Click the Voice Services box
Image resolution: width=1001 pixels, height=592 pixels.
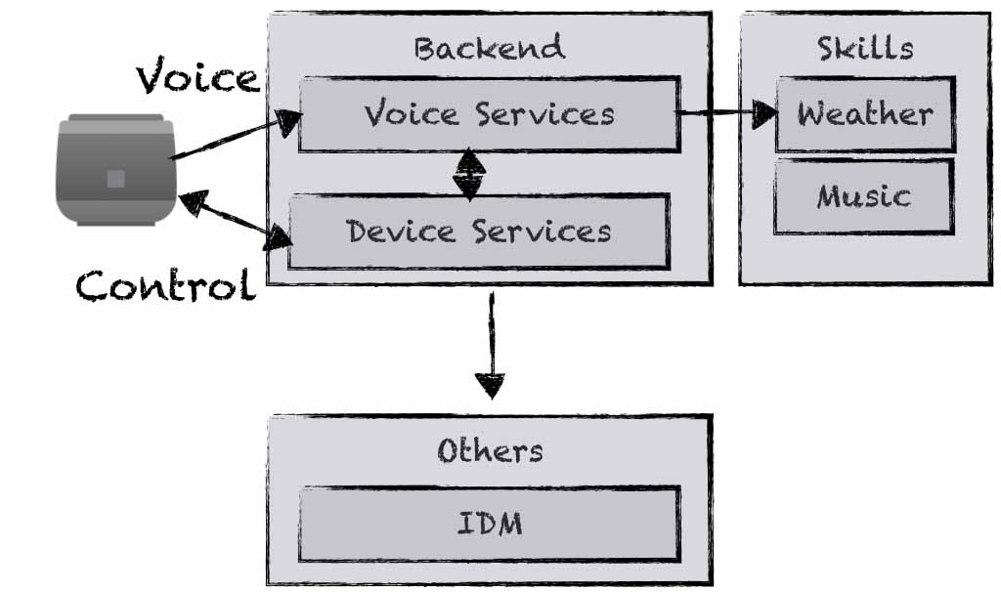[x=489, y=115]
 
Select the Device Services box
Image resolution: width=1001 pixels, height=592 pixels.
[x=479, y=232]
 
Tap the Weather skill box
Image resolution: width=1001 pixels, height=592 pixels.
[x=865, y=114]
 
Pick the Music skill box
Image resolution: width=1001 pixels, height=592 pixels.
[x=863, y=196]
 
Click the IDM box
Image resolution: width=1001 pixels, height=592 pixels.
[x=489, y=525]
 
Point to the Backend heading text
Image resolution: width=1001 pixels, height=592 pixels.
[x=489, y=48]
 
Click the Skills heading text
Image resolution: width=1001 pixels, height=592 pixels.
[x=865, y=48]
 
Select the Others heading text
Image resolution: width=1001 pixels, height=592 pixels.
[x=490, y=450]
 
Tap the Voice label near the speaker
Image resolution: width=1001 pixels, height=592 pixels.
[x=197, y=76]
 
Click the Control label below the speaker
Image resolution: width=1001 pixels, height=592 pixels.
[x=166, y=285]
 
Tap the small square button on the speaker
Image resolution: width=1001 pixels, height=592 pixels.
[x=115, y=178]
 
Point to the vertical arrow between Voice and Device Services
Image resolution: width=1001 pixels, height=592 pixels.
[x=470, y=173]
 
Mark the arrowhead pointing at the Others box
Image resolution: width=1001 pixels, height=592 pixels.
[x=491, y=386]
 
